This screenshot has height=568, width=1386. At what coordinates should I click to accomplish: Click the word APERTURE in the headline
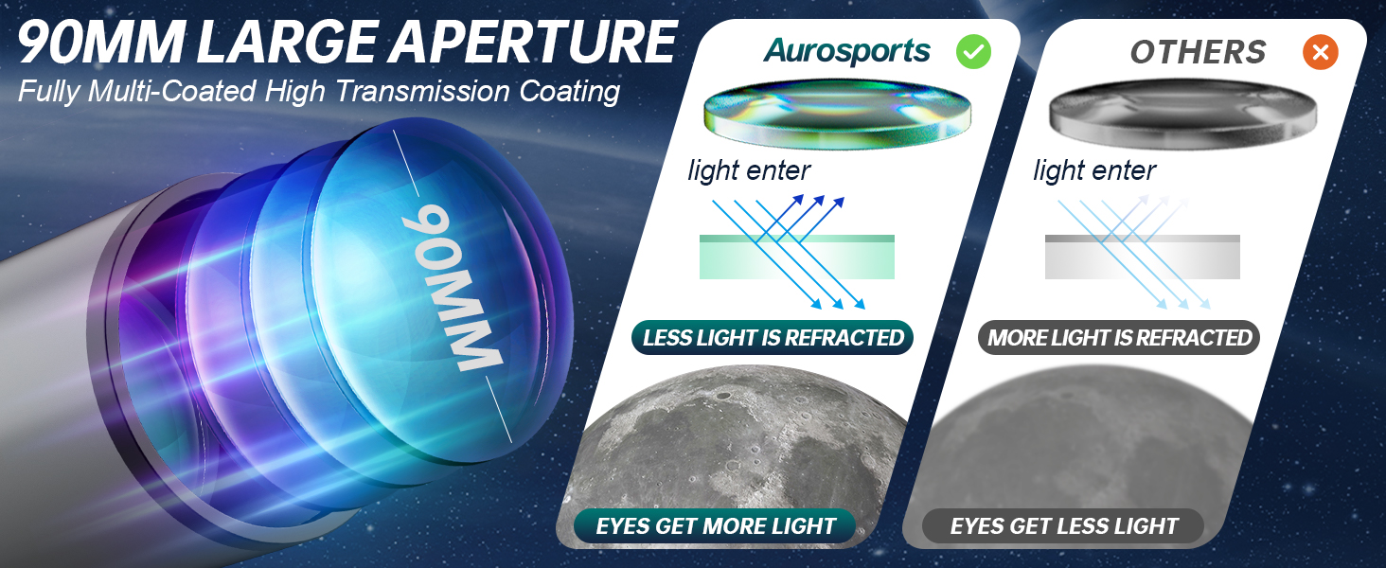coord(533,42)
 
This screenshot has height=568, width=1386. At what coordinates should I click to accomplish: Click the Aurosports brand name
coord(846,51)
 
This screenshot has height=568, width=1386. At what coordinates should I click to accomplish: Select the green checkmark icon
coord(973,52)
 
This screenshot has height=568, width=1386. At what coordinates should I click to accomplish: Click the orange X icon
coord(1321,52)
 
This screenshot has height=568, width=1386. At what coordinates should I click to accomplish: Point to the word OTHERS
coord(1198,52)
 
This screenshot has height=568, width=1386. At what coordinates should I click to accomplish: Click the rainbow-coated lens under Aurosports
coord(837,114)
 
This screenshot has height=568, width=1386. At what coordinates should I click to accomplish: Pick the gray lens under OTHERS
coord(1183,114)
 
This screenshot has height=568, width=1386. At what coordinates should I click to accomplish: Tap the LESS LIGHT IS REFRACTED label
coord(773,338)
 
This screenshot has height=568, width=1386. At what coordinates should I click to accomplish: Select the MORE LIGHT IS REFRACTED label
coord(1119,338)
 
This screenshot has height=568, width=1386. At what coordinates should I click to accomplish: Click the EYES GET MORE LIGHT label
coord(716,526)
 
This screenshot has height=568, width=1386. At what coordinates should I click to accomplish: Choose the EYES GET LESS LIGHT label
coord(1063,526)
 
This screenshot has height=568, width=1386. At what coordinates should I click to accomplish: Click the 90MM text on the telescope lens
coord(451,288)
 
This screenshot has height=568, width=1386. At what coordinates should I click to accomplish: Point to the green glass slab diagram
coord(797,257)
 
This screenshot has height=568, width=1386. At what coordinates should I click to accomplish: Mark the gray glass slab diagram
coord(1142,257)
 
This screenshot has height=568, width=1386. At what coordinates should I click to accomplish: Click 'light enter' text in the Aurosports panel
coord(749,170)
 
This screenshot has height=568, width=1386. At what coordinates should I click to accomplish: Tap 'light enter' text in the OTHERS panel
coord(1094,170)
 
